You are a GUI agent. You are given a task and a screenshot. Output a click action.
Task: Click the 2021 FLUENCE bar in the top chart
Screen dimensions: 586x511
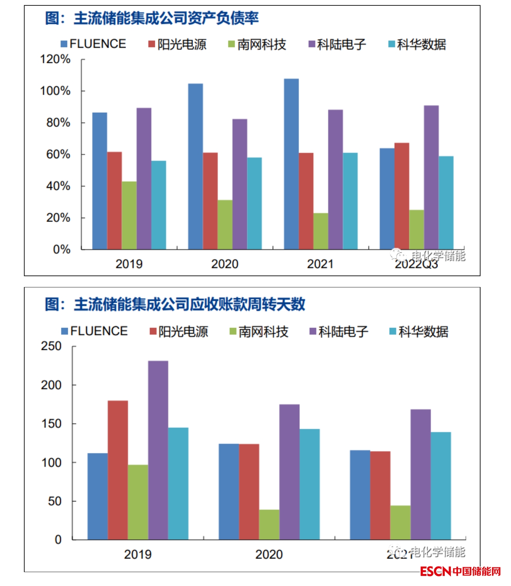(291, 164)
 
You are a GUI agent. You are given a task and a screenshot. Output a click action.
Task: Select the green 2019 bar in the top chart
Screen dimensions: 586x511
(129, 215)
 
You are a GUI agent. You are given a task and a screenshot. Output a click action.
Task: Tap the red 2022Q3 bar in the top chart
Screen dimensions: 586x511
(402, 196)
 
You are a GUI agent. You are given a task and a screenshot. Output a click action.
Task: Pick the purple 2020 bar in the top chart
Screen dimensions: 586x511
(240, 184)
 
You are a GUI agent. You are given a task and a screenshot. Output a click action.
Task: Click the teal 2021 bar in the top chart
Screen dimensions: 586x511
(350, 201)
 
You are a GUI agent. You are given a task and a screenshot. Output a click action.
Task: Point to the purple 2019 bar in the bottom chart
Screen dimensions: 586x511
(158, 450)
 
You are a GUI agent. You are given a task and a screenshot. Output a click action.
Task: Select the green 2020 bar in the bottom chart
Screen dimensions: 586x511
(269, 524)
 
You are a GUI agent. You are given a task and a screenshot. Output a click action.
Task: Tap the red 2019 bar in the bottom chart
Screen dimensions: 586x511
(118, 470)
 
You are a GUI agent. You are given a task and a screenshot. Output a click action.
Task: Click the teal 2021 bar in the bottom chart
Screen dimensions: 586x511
(440, 485)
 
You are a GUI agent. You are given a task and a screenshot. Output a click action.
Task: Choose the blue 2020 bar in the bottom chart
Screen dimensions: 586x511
(229, 491)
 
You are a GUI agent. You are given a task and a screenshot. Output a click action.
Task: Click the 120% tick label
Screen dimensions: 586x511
(55, 59)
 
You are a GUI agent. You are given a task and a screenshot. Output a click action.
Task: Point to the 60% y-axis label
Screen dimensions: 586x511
(58, 154)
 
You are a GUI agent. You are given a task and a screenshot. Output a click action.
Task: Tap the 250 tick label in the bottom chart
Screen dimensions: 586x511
(51, 346)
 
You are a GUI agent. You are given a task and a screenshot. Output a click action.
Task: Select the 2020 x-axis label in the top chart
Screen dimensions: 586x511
(225, 264)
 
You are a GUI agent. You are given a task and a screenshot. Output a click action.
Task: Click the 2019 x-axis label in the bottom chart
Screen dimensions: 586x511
(138, 554)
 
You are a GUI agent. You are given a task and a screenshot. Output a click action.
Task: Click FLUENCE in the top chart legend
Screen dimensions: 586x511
(97, 44)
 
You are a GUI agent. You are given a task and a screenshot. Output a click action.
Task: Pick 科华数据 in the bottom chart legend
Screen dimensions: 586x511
(423, 332)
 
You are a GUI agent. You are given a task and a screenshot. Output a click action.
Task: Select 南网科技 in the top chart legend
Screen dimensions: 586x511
(261, 44)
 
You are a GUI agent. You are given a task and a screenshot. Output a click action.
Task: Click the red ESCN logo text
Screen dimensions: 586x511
(435, 571)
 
